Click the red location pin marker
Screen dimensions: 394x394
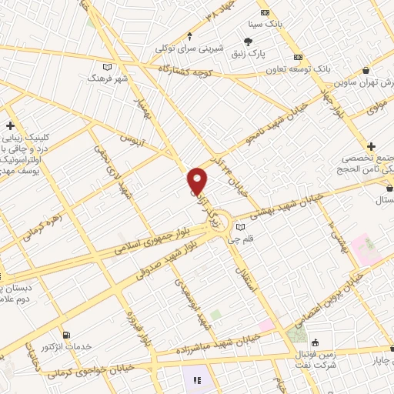coord(198,181)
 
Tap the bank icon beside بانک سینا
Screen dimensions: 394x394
coord(265,12)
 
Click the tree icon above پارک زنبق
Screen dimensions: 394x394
coord(249,42)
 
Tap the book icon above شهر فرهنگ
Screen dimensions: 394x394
coord(109,68)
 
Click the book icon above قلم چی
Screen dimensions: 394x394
coord(241,228)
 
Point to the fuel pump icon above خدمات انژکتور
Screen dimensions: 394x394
coord(65,335)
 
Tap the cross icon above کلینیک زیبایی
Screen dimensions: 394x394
coord(10,125)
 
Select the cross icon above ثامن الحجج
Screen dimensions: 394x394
coord(371,146)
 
